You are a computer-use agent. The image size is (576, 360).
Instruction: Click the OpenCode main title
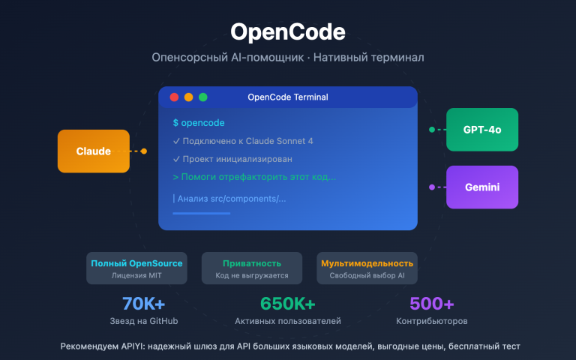click(x=287, y=32)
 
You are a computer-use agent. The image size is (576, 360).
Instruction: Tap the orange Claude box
click(x=94, y=151)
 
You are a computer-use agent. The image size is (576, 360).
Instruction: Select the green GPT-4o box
click(x=481, y=130)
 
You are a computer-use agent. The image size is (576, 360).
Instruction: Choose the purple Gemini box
click(x=481, y=187)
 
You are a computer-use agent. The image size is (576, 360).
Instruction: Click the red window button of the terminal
click(x=174, y=97)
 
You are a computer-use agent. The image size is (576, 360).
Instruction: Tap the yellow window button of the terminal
click(x=188, y=97)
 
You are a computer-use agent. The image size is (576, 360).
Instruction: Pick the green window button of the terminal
click(x=202, y=97)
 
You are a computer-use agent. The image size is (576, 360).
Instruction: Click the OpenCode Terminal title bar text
click(x=287, y=97)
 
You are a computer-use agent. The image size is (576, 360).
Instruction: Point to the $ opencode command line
click(x=199, y=122)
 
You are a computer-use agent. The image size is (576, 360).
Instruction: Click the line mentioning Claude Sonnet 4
click(x=243, y=141)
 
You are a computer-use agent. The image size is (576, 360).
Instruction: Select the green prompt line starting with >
click(x=254, y=177)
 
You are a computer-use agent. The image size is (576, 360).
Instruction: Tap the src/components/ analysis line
click(x=229, y=199)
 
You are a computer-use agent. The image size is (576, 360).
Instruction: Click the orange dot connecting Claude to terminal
click(x=144, y=151)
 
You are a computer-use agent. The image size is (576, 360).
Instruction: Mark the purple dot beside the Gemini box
click(x=432, y=187)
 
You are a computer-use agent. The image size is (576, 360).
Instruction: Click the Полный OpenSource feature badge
click(x=136, y=268)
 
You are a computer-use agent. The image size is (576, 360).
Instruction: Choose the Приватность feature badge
click(x=252, y=268)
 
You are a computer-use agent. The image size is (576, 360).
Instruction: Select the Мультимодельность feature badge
click(x=367, y=268)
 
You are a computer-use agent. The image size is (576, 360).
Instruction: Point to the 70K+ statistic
click(x=143, y=304)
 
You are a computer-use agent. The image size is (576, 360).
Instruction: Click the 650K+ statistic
click(x=288, y=304)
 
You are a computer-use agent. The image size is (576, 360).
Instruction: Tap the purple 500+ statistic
click(x=431, y=304)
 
